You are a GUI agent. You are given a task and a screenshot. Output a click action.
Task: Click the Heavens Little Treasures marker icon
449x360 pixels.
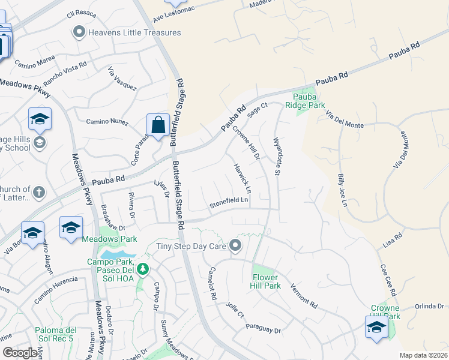coord(79,32)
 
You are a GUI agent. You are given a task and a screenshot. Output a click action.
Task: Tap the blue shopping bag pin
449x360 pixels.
coord(158,125)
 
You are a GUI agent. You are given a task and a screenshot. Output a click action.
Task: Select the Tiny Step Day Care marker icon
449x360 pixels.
coord(235,245)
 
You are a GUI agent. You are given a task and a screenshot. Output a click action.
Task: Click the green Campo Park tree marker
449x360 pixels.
coord(142,269)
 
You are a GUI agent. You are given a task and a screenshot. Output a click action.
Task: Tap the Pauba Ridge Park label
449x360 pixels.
coord(309,101)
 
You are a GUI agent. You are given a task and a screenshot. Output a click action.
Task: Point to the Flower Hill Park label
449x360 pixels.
coord(265,281)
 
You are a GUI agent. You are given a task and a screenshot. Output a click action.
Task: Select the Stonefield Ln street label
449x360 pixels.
coord(229,203)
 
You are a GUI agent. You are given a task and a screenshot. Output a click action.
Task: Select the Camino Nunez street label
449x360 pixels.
coord(107,122)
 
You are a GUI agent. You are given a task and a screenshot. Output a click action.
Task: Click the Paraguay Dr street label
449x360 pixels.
coord(264,329)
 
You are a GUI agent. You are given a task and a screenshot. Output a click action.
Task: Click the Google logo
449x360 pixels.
coord(20,353)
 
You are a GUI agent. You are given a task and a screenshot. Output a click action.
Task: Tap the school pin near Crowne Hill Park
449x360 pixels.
coord(376,327)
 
